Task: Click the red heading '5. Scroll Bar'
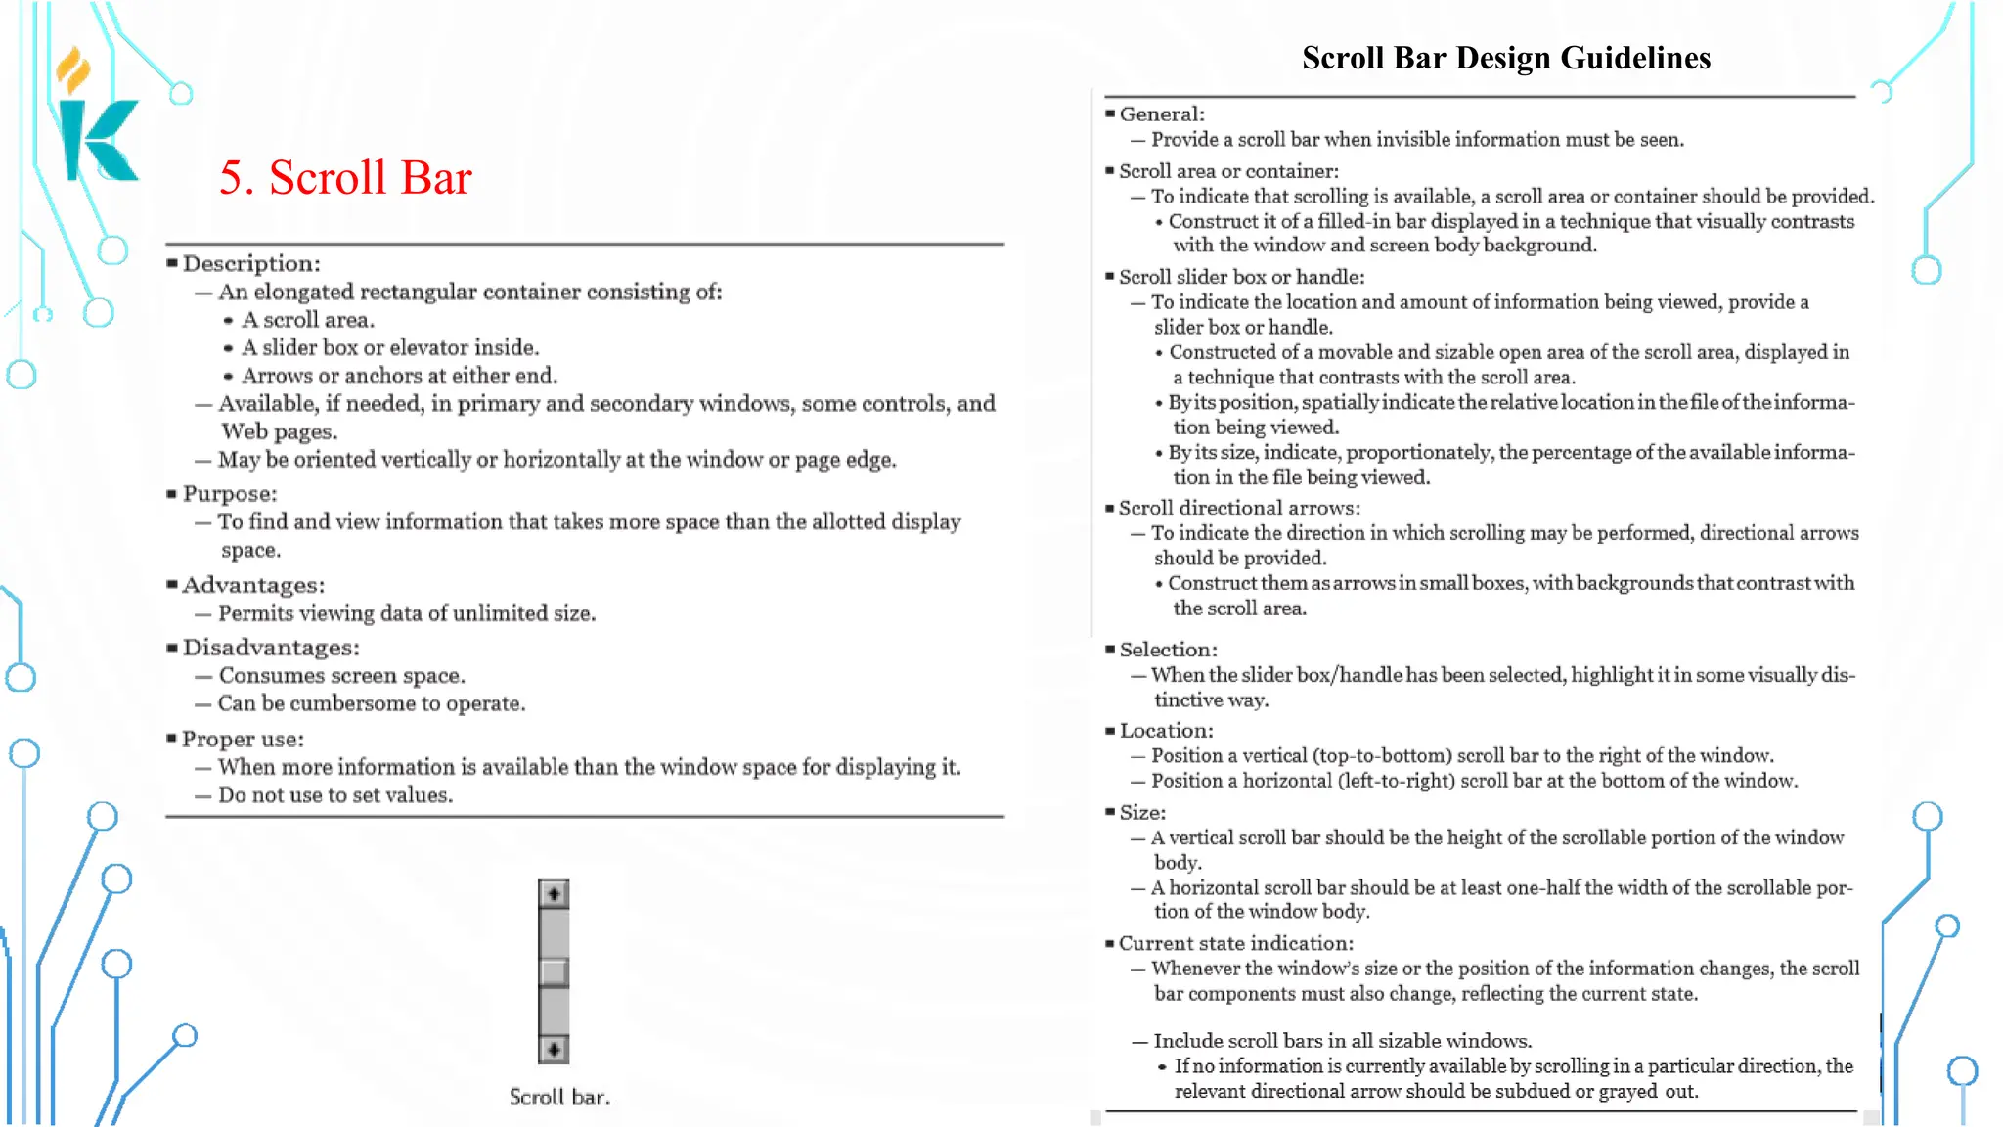[345, 178]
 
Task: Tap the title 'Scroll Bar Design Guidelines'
[1505, 58]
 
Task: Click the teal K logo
[99, 141]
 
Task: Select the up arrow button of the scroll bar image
[554, 894]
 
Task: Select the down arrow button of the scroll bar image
[554, 1050]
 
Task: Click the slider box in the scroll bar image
[554, 972]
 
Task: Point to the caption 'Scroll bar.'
[559, 1097]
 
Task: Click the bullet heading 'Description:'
[251, 263]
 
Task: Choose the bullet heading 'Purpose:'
[230, 494]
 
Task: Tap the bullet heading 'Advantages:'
[253, 585]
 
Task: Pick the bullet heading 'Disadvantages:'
[271, 648]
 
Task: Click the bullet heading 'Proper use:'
[243, 740]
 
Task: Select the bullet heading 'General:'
[1161, 114]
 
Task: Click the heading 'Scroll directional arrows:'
[1239, 508]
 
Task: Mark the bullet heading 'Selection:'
[1168, 650]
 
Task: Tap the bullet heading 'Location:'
[1166, 731]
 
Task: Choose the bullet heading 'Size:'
[1141, 813]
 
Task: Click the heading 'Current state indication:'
[1235, 944]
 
